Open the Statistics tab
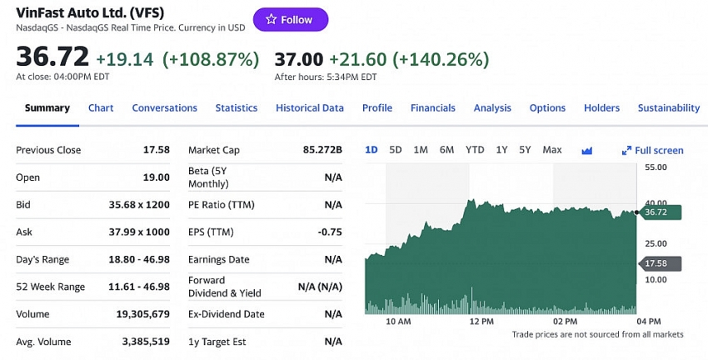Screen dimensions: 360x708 tap(237, 107)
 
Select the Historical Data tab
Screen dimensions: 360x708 tap(310, 107)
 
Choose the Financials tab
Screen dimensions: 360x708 tap(433, 107)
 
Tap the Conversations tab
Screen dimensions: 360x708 tap(165, 107)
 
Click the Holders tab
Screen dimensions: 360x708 tap(601, 107)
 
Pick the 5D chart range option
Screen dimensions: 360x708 tap(396, 150)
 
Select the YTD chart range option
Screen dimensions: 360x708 tap(475, 150)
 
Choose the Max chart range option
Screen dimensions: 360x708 tap(552, 150)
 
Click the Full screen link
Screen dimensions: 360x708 tap(653, 151)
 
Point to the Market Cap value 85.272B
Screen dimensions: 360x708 tap(323, 150)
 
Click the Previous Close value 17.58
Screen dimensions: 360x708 tap(157, 150)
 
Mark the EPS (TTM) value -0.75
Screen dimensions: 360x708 tap(330, 232)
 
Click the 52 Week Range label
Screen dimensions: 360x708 tap(51, 287)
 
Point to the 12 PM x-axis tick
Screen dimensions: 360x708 tap(481, 321)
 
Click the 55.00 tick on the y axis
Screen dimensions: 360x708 tap(656, 167)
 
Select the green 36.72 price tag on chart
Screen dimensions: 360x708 tap(658, 212)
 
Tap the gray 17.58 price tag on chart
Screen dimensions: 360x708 tap(658, 264)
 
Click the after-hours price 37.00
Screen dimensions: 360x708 tap(298, 59)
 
